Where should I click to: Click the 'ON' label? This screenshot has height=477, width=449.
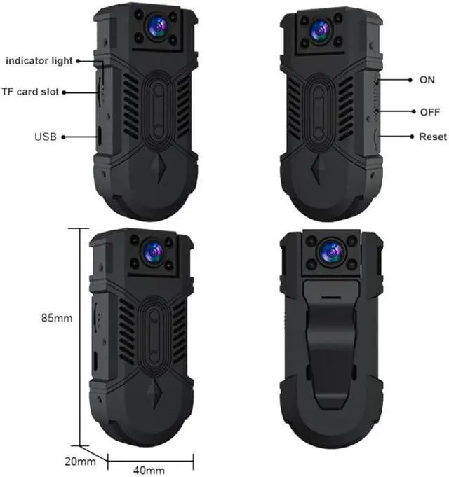(427, 80)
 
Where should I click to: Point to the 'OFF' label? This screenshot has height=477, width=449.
(429, 111)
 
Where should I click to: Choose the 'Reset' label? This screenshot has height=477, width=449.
(432, 137)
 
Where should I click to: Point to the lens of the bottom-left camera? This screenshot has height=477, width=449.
(152, 252)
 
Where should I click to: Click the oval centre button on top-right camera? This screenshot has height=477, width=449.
(319, 112)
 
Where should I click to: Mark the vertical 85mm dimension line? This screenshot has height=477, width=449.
(81, 336)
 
